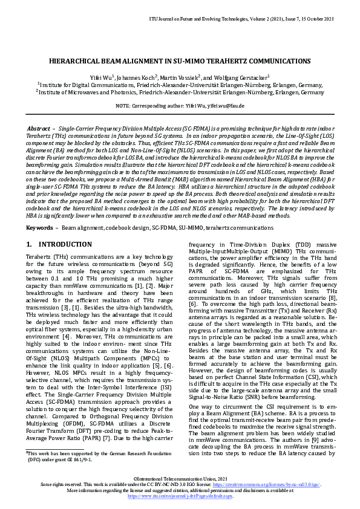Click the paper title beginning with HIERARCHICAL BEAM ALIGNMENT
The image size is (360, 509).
180,62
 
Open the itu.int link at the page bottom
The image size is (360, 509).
180,496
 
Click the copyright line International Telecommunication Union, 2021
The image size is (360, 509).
180,479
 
